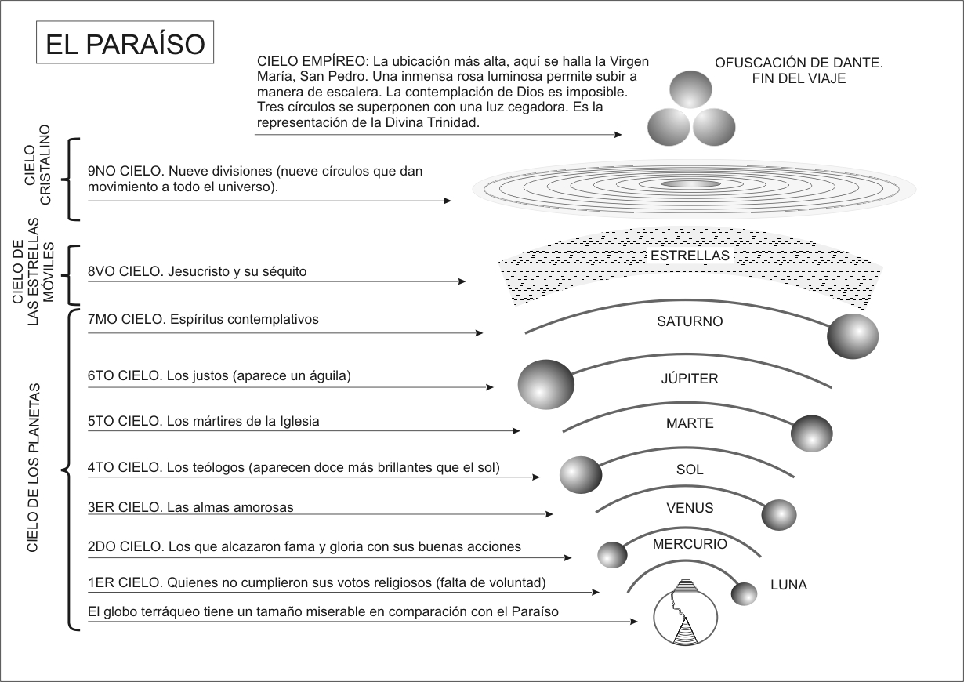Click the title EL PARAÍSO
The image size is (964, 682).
125,45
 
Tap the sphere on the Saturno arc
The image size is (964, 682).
853,336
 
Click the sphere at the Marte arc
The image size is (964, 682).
812,433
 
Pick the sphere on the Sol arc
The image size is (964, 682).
581,474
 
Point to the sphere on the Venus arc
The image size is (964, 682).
779,514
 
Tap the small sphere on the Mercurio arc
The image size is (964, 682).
613,555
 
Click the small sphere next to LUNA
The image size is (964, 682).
744,593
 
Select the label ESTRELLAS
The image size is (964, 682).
690,256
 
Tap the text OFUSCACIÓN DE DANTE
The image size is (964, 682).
799,63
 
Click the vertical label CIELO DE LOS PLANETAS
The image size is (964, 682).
32,468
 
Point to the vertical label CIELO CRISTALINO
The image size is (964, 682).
38,174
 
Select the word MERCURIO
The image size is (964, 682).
690,544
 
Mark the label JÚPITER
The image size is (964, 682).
690,379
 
